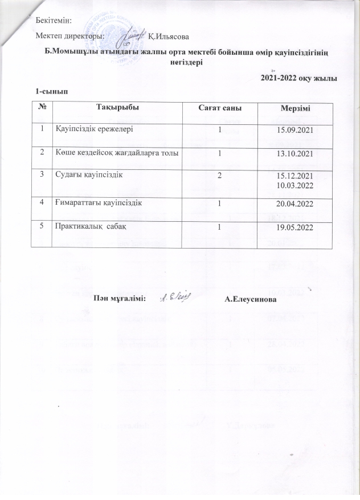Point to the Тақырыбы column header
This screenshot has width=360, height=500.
pyautogui.click(x=117, y=107)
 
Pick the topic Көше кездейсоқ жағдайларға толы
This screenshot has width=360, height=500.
pyautogui.click(x=119, y=153)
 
